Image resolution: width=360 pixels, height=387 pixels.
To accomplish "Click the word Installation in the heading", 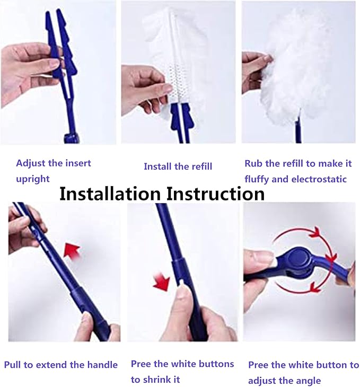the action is [x=110, y=193].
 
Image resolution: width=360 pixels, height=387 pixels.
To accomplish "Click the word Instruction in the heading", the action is [x=215, y=193].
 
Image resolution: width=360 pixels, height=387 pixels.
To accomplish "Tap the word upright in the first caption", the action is [x=33, y=179].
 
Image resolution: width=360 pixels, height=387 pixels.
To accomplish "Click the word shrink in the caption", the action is [x=155, y=380].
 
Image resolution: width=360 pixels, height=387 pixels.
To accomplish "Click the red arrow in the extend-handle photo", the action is [x=72, y=250].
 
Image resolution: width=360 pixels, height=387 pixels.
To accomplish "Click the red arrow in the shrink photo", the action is [x=162, y=282].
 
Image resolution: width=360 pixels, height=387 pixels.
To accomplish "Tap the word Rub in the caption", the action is [x=253, y=163].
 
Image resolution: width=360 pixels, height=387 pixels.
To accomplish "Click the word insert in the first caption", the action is [x=78, y=163].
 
